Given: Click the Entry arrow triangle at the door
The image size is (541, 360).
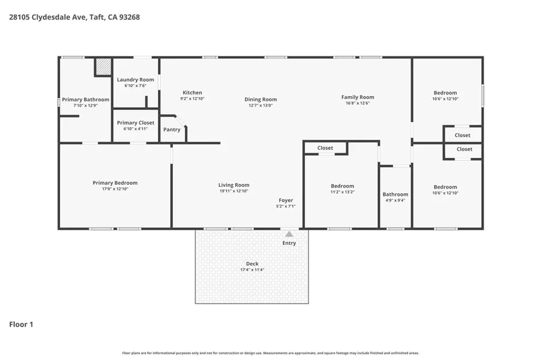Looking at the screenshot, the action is [289, 234].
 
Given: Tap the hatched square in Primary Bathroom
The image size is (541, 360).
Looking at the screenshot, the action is [104, 67].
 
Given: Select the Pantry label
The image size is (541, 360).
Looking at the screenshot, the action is [172, 130].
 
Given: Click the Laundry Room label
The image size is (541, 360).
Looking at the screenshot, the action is [136, 80].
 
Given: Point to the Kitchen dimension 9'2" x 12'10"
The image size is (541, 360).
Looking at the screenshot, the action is [192, 99].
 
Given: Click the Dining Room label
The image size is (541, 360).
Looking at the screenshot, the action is [260, 99].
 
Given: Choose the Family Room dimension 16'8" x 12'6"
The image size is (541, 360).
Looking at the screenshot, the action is [358, 103].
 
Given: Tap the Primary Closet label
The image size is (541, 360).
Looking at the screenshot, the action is [136, 123].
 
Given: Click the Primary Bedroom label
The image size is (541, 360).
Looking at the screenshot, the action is [115, 183].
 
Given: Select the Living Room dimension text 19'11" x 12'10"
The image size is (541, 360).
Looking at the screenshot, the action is [234, 191].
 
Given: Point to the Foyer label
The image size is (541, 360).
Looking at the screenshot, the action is [286, 201].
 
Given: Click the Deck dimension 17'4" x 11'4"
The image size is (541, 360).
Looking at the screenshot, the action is [252, 270].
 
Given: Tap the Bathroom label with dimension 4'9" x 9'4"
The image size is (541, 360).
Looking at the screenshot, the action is [395, 194].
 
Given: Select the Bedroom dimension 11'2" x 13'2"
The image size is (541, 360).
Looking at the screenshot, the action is [342, 192].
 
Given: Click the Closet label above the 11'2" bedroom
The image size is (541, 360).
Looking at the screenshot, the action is [325, 148].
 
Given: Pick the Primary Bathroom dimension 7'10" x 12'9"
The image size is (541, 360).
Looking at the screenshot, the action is [86, 106].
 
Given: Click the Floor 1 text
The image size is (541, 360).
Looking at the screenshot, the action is [21, 325].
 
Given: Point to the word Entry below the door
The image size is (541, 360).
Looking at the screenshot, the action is [289, 243].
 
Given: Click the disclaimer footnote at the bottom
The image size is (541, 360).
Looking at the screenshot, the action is [270, 353].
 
